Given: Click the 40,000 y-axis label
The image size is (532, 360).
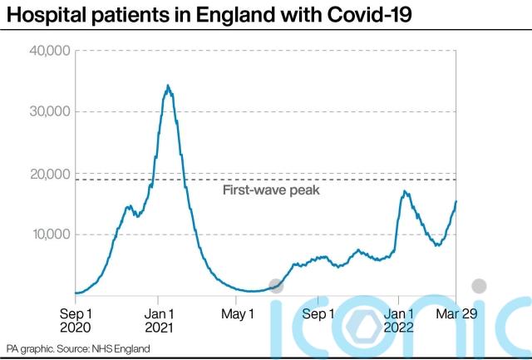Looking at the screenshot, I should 51,52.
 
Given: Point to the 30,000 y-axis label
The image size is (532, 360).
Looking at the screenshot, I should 51,112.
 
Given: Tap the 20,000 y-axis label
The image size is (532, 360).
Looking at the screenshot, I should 51,173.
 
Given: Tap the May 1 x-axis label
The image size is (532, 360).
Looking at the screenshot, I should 239,314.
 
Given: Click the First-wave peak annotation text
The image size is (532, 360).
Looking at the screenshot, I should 272,190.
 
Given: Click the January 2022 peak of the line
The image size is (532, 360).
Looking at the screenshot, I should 404,192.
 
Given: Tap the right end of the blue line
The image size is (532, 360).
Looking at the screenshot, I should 456,201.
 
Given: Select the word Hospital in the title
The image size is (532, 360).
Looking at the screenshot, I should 39,14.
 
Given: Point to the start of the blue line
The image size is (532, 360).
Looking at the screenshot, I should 76,293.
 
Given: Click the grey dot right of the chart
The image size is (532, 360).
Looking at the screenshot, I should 479,286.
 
